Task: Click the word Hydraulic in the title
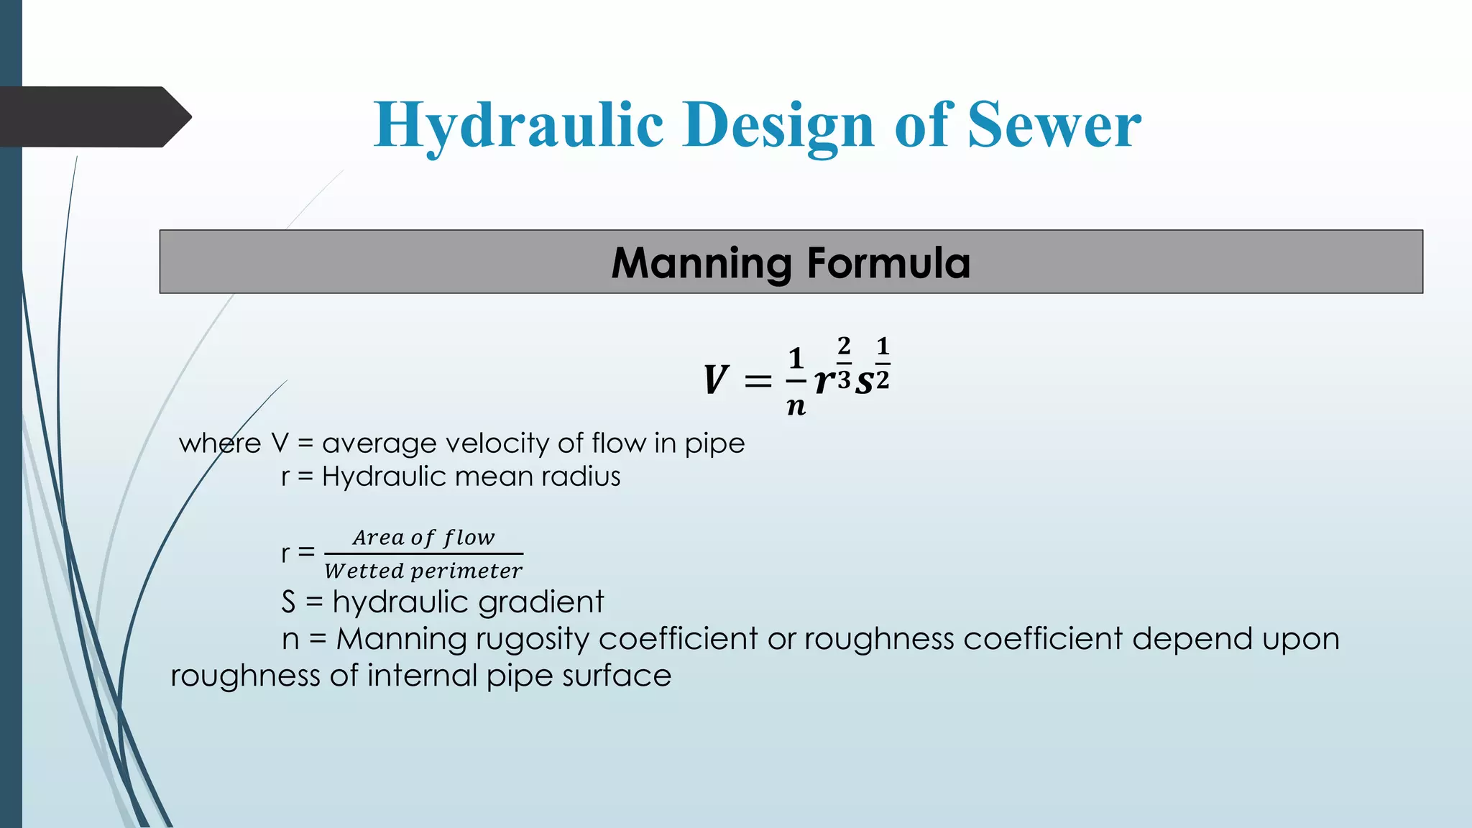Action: click(x=518, y=126)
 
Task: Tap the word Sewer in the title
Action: click(x=1054, y=126)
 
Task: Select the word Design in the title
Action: click(x=779, y=126)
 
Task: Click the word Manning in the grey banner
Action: click(x=701, y=263)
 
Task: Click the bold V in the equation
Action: click(x=716, y=380)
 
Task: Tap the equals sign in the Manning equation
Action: click(x=758, y=381)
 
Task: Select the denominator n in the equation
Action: click(x=796, y=407)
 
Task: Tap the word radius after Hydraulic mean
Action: click(x=581, y=477)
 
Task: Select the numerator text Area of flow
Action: click(x=423, y=538)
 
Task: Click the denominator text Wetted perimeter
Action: click(x=423, y=571)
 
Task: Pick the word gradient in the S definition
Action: click(x=540, y=602)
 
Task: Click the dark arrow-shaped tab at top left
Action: click(x=93, y=116)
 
